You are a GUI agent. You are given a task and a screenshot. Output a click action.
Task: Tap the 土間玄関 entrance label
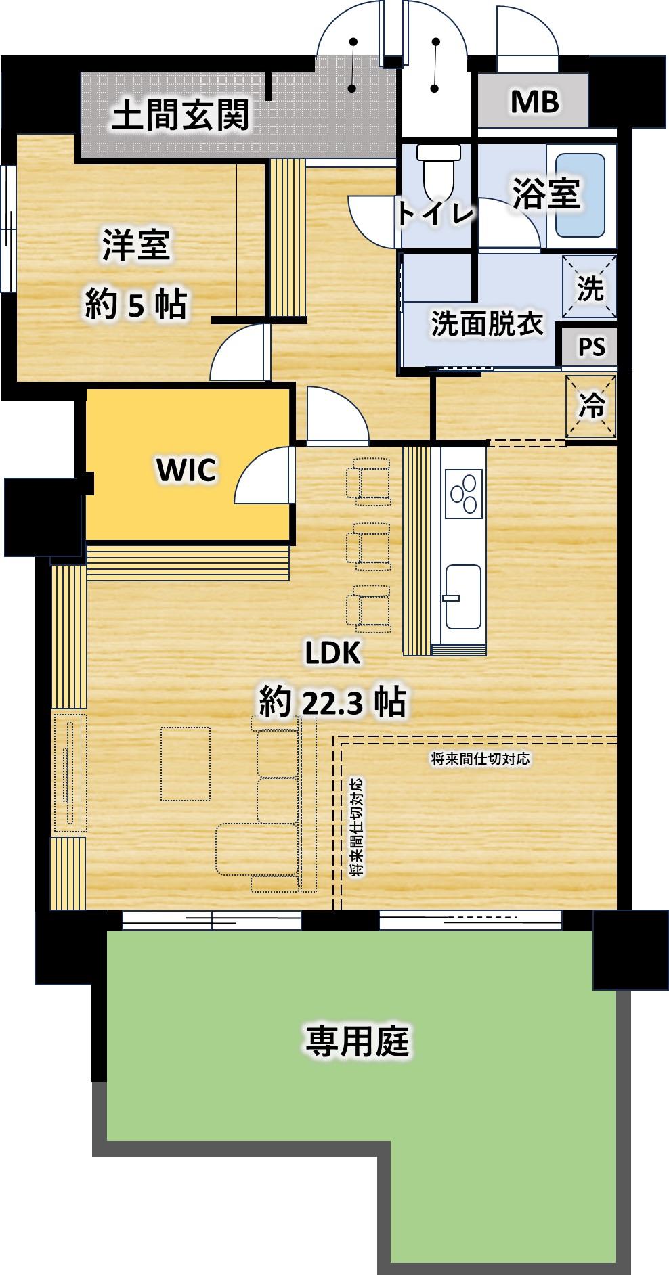pyautogui.click(x=181, y=115)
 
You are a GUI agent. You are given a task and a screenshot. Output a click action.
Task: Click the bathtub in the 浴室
pyautogui.click(x=580, y=195)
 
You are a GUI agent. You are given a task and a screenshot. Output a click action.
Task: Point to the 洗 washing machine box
pyautogui.click(x=590, y=287)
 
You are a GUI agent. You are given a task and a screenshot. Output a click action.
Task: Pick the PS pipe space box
pyautogui.click(x=590, y=346)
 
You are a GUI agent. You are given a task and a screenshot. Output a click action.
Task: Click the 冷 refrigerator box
pyautogui.click(x=590, y=406)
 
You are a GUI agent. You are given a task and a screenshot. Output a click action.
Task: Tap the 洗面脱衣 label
pyautogui.click(x=488, y=325)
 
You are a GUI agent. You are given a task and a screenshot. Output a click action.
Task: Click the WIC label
pyautogui.click(x=186, y=470)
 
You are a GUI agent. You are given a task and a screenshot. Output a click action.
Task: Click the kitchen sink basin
pyautogui.click(x=463, y=596)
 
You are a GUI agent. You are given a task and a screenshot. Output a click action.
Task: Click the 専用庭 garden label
pyautogui.click(x=358, y=1041)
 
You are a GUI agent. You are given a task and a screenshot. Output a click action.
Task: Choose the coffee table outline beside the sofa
pyautogui.click(x=186, y=763)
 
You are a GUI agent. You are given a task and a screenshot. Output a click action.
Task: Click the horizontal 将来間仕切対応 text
pyautogui.click(x=480, y=759)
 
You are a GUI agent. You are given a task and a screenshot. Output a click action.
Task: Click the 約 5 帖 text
pyautogui.click(x=135, y=305)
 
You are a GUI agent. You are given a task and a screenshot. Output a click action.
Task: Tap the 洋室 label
pyautogui.click(x=136, y=246)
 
